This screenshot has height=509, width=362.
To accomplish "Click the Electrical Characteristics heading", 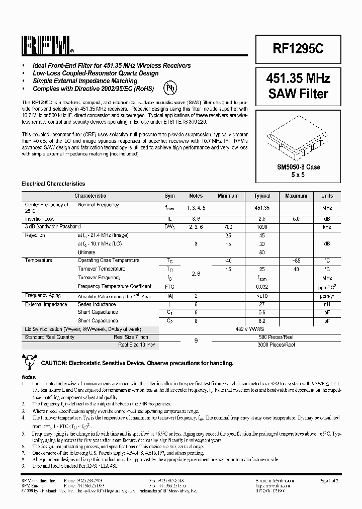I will tap(53, 184).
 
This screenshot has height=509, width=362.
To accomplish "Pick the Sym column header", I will tap(170, 196).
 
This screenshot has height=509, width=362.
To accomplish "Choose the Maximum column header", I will tap(296, 196).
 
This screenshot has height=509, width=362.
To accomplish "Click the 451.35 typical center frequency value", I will tap(262, 207).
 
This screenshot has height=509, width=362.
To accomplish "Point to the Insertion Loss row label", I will tap(40, 219).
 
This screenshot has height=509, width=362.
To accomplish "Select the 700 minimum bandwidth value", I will tap(228, 227).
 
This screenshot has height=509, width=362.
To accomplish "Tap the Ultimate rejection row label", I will tap(86, 252).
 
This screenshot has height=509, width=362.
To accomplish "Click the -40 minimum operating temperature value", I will tap(228, 261).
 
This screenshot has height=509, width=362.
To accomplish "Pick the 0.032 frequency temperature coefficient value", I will tap(262, 286).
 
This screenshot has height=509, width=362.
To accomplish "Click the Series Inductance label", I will tap(97, 304).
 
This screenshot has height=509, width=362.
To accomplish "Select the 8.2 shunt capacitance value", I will tap(262, 321).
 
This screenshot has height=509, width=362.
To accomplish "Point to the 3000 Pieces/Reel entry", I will tap(277, 345).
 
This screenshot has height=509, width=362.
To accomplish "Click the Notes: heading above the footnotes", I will tap(29, 377).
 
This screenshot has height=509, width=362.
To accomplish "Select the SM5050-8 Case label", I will tap(298, 167).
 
